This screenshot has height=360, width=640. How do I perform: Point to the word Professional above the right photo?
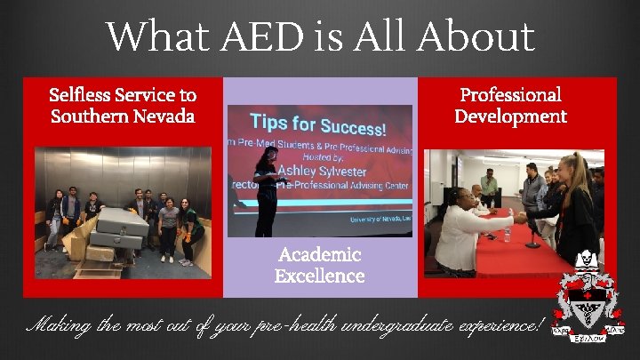coord(510,94)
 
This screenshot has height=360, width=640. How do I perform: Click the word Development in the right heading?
coord(510,116)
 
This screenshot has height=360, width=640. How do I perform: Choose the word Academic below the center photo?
coord(319,255)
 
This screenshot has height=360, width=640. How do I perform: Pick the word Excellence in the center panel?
coord(319,276)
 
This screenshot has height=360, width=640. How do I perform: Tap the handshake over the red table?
coord(518,216)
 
